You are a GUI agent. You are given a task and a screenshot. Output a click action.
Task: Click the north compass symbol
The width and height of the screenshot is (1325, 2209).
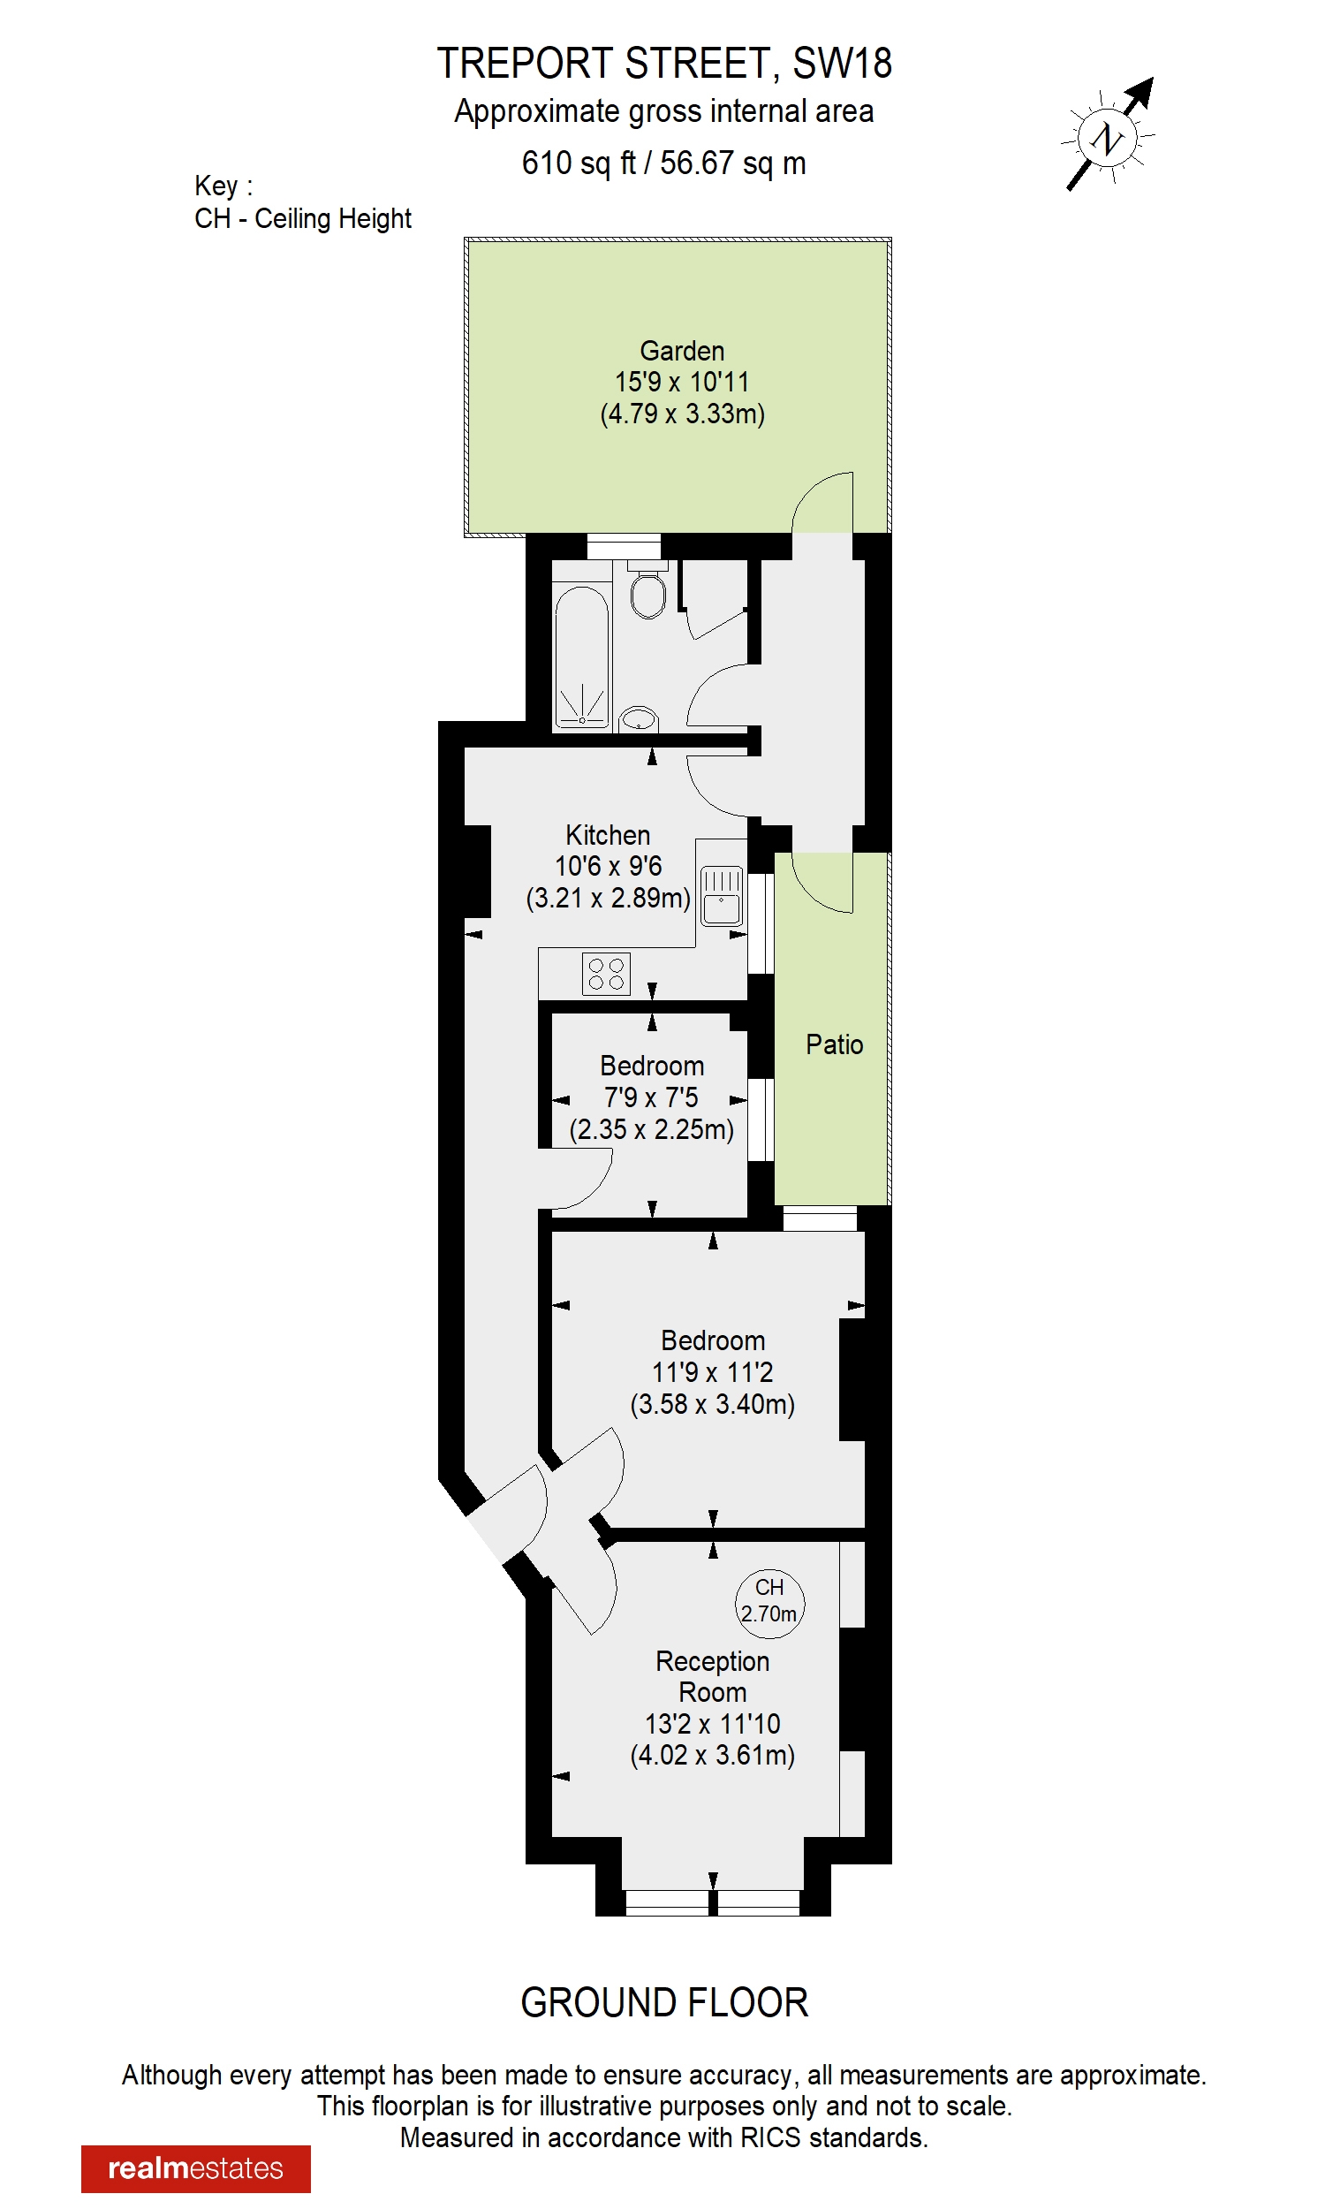[x=1108, y=138]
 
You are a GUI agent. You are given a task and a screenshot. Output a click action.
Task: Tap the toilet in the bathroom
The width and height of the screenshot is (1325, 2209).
[x=647, y=593]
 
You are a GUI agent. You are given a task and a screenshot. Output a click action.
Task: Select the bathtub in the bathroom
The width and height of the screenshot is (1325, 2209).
[x=581, y=656]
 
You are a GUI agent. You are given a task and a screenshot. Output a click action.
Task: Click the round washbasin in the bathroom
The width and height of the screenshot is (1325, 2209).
[x=639, y=718]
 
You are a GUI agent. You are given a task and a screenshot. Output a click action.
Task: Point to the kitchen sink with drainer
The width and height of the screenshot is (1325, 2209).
[x=721, y=896]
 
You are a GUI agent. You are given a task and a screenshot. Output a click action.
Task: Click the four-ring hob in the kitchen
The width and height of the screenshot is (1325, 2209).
[x=606, y=973]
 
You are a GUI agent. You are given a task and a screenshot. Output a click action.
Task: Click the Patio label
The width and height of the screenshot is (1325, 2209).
[x=834, y=1044]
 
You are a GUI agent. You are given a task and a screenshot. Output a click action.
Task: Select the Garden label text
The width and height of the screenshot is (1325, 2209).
[x=682, y=351]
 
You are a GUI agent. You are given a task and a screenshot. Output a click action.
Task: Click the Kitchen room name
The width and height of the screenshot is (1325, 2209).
[x=607, y=835]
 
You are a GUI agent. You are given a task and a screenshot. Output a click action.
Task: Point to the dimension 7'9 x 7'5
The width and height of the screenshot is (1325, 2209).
[x=651, y=1097]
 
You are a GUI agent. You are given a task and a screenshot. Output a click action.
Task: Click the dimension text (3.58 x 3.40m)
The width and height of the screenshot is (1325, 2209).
[x=712, y=1404]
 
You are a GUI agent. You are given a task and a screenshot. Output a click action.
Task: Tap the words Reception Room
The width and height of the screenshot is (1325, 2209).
[x=712, y=1676]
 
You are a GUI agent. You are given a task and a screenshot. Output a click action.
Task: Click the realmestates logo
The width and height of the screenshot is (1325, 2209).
[x=195, y=2168]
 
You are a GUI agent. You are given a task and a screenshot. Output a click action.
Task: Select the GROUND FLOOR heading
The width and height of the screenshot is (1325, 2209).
[x=664, y=2003]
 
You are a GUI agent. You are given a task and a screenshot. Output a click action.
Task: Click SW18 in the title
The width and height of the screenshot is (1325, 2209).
[x=842, y=64]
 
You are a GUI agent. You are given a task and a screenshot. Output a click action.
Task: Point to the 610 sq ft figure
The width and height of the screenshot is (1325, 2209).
[x=579, y=163]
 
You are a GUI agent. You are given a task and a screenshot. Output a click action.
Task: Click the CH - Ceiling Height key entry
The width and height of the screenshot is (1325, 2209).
[x=303, y=219]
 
